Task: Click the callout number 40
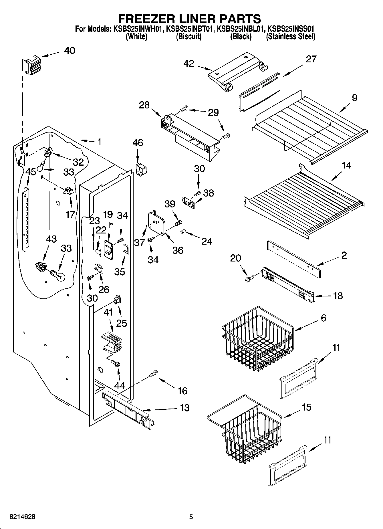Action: [70, 51]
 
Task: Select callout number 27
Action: [311, 59]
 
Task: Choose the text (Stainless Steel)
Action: [290, 37]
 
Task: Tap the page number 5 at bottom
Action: [191, 517]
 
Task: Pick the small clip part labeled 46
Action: [141, 170]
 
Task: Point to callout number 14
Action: [346, 165]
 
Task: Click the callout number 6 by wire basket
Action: [324, 318]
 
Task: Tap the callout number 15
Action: [306, 407]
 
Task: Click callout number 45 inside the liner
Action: [31, 172]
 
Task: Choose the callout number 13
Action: [185, 408]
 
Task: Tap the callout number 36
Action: [178, 250]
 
